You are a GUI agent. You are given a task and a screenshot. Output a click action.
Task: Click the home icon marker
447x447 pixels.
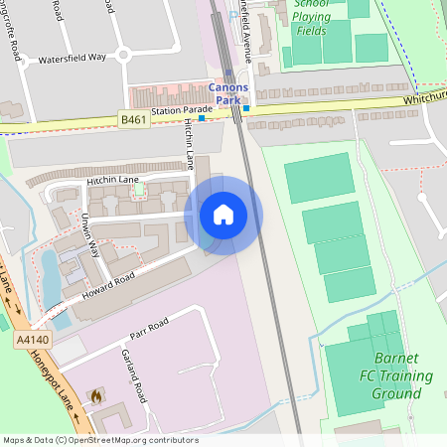point(223,215)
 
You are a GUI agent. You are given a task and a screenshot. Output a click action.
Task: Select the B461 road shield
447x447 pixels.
point(137,119)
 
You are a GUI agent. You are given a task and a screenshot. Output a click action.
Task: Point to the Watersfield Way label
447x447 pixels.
point(72,59)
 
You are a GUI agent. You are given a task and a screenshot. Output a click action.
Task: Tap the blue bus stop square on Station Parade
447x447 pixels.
point(202,118)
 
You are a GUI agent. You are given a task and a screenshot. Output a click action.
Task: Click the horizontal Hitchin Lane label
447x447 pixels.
point(111,179)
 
